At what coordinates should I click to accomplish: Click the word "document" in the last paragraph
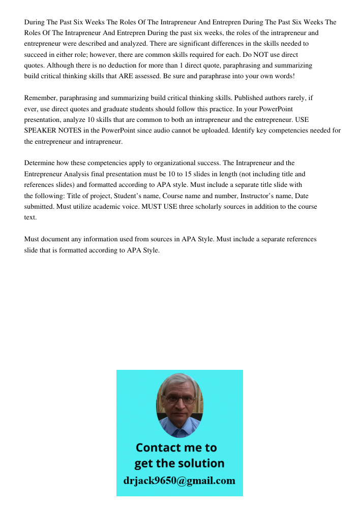[x=55, y=239]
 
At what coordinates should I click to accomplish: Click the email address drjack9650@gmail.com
[x=179, y=481]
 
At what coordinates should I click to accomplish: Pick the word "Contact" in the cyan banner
[x=159, y=448]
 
